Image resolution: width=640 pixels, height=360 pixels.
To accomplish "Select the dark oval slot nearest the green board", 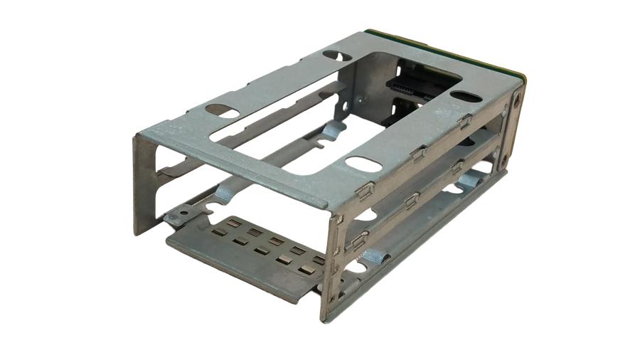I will [464, 95].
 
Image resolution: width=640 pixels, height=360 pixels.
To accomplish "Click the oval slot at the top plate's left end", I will [222, 111].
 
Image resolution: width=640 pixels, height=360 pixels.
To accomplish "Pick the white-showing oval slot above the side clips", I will [363, 164].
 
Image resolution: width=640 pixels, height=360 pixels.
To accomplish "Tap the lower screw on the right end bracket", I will [504, 159].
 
